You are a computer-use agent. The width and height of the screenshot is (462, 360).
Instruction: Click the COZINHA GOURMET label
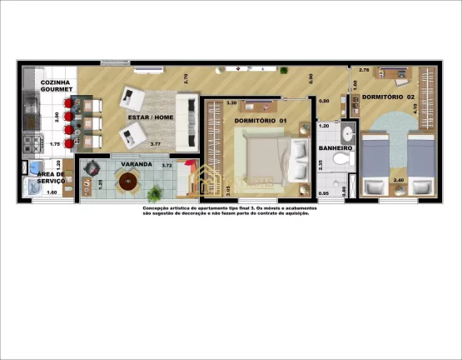tap(57, 86)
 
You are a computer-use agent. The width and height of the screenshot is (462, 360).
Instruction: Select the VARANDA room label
tap(137, 165)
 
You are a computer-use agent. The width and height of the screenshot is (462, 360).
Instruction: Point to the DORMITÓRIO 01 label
tap(260, 122)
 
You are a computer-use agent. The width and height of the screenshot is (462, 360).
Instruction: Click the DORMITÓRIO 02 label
tap(388, 97)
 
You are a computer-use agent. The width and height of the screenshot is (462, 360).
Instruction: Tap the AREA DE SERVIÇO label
tap(51, 177)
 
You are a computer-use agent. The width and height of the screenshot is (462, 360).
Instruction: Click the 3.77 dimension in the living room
tap(155, 144)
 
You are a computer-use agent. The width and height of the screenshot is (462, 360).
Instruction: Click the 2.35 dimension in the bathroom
tap(321, 164)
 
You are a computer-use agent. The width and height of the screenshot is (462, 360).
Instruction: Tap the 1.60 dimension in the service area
tap(51, 192)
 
